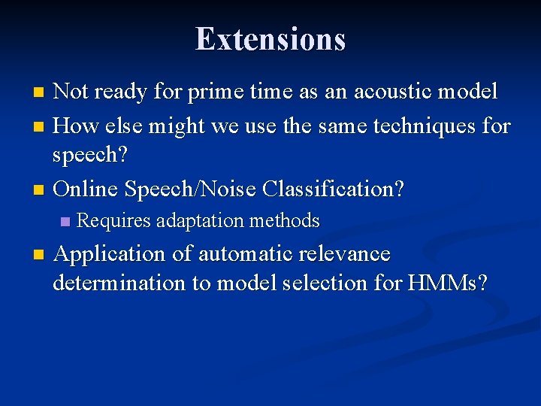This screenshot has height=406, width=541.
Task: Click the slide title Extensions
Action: [270, 39]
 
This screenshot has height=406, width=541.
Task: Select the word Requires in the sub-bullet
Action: [114, 221]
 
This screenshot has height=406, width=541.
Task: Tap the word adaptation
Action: [199, 221]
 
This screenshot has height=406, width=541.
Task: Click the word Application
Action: [110, 254]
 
